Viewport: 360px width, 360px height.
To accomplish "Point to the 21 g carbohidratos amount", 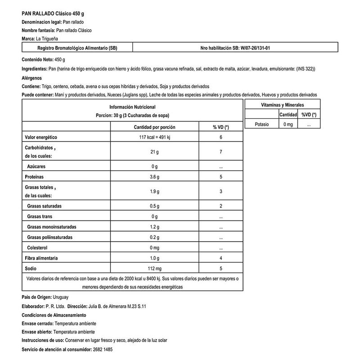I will click(x=155, y=152).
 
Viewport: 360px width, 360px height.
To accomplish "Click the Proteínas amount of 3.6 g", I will click(x=155, y=177).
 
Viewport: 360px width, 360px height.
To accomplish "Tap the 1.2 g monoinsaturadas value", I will click(x=155, y=226).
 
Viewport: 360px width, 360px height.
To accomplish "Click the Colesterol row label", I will click(x=40, y=247).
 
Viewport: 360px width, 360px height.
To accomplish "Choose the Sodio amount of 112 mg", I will click(x=155, y=268).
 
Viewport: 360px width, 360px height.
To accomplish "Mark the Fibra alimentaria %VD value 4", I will click(x=221, y=258).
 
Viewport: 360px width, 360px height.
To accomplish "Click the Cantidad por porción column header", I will click(x=155, y=127).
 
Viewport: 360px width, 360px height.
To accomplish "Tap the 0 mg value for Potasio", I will click(x=288, y=124).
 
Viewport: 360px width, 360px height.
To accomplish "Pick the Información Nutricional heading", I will click(x=132, y=107).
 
